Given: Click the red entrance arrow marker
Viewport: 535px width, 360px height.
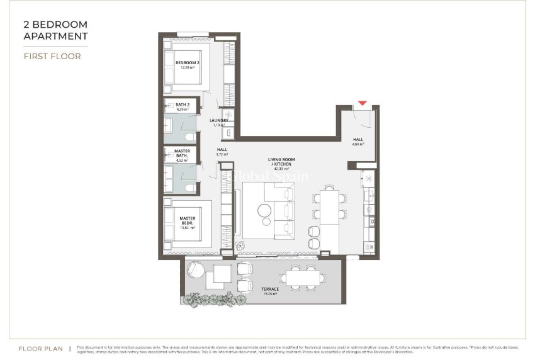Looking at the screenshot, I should point(362,103).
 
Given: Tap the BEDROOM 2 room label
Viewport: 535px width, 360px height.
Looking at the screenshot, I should point(187,64).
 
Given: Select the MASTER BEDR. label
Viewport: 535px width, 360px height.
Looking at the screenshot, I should point(187,221).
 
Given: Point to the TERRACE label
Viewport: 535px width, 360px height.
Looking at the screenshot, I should point(271,289).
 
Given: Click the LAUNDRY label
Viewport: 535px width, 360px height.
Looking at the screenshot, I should point(219,120).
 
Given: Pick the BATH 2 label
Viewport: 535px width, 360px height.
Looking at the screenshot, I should point(183,104).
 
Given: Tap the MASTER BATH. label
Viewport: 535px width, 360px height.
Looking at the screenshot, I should point(182,153).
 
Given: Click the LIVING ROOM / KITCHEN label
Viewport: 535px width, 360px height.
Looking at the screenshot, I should point(278,162).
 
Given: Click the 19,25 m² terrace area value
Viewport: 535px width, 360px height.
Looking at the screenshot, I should point(271,294).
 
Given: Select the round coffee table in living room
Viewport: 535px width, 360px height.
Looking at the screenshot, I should point(265,212).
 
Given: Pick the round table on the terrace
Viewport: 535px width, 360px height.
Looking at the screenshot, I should point(197,273).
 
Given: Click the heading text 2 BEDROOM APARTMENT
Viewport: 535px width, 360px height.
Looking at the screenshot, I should point(55,30).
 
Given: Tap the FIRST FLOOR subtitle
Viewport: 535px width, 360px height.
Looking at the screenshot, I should point(52,56).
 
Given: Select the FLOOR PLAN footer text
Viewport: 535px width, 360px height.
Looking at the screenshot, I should point(40,348).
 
